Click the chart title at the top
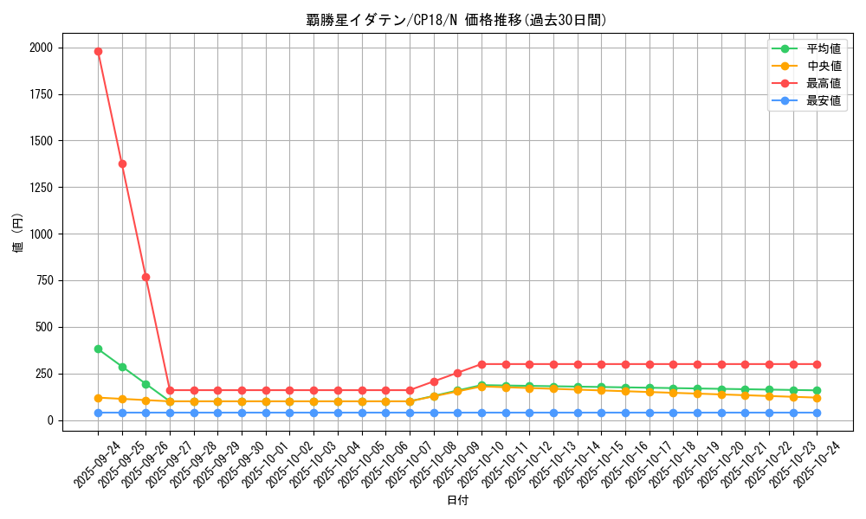(x=456, y=20)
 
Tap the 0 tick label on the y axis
(x=49, y=420)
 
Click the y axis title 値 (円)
(x=17, y=234)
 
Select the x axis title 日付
(x=456, y=501)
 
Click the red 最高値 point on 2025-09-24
(x=98, y=51)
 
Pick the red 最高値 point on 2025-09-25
(x=122, y=163)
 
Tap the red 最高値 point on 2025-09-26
(x=145, y=277)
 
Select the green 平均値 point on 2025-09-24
(x=98, y=349)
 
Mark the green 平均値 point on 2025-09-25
(x=122, y=367)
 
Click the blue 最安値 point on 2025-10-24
(x=817, y=413)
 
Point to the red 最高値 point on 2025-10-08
(x=434, y=381)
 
